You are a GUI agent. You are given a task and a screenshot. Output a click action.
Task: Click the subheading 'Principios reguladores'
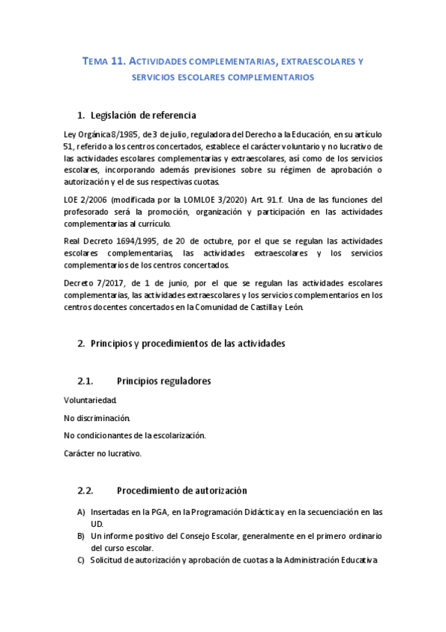click(164, 381)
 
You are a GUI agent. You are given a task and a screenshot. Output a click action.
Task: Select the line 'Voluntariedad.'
click(90, 399)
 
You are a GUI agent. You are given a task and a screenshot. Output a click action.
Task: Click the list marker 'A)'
click(81, 512)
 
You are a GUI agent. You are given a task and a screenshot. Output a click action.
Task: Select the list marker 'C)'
click(81, 560)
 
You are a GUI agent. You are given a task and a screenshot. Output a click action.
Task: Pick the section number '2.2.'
click(85, 491)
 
